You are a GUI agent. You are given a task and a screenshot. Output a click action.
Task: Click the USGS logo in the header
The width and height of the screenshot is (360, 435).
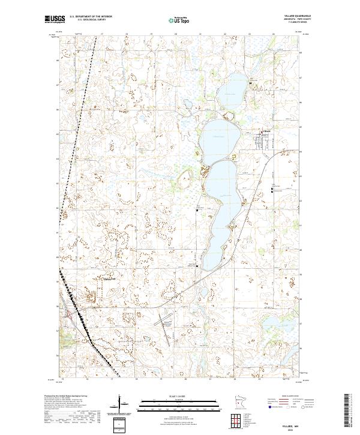[x=55, y=20]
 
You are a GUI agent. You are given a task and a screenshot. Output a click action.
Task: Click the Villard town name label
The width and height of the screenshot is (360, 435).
[x=267, y=130]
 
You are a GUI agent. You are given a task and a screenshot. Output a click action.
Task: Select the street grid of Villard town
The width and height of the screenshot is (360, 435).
[x=264, y=142]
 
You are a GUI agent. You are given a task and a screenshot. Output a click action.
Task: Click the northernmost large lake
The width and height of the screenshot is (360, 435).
[x=230, y=93]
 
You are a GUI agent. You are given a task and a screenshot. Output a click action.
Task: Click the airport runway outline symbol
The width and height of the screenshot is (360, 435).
[x=162, y=314]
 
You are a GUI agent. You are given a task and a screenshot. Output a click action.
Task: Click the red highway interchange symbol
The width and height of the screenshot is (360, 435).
[x=72, y=314]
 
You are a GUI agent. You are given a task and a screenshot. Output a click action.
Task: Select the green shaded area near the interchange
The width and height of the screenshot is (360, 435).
[x=65, y=327]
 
